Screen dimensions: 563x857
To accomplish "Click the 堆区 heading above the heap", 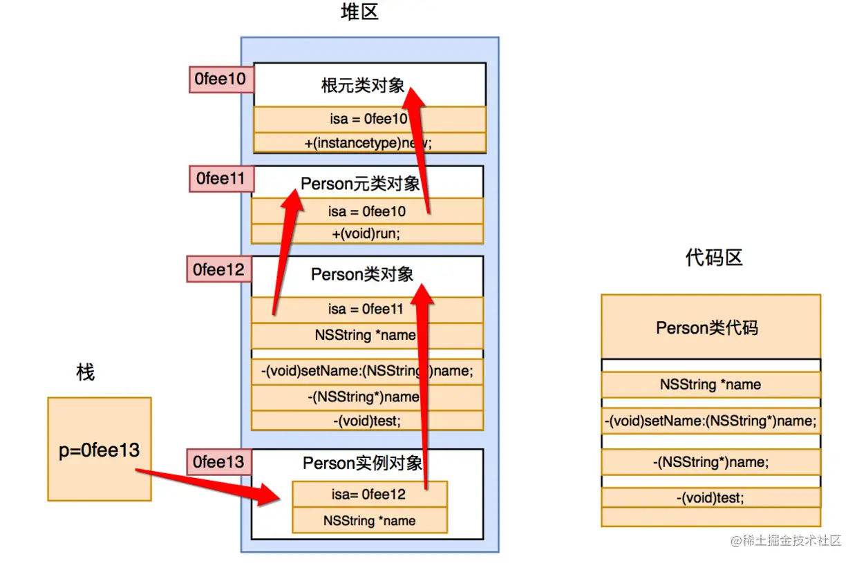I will coord(360,13).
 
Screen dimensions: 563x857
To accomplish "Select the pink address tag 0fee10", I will coord(220,79).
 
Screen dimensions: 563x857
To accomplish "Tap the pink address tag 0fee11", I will coord(220,179).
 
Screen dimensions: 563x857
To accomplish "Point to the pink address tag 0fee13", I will coord(219,461).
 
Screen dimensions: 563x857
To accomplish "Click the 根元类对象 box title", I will coord(363,86).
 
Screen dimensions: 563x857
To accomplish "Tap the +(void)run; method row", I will coord(366,233).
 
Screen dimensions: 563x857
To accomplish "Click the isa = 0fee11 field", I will coord(366,309).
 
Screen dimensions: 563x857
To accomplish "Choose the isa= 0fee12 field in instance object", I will coord(368,495).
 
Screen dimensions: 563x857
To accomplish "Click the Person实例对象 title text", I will coord(362,463).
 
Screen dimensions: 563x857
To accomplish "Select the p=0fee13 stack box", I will coord(100,449).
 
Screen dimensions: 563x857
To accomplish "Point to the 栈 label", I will coord(85,373).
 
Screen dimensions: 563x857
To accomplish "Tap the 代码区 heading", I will coord(714,258).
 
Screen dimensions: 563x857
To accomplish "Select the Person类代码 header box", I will coord(710,327).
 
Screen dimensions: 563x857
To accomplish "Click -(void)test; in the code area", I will coord(710,497).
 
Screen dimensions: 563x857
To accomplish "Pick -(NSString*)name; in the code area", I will coord(710,461).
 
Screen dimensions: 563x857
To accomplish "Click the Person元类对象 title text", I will coord(360,184).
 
